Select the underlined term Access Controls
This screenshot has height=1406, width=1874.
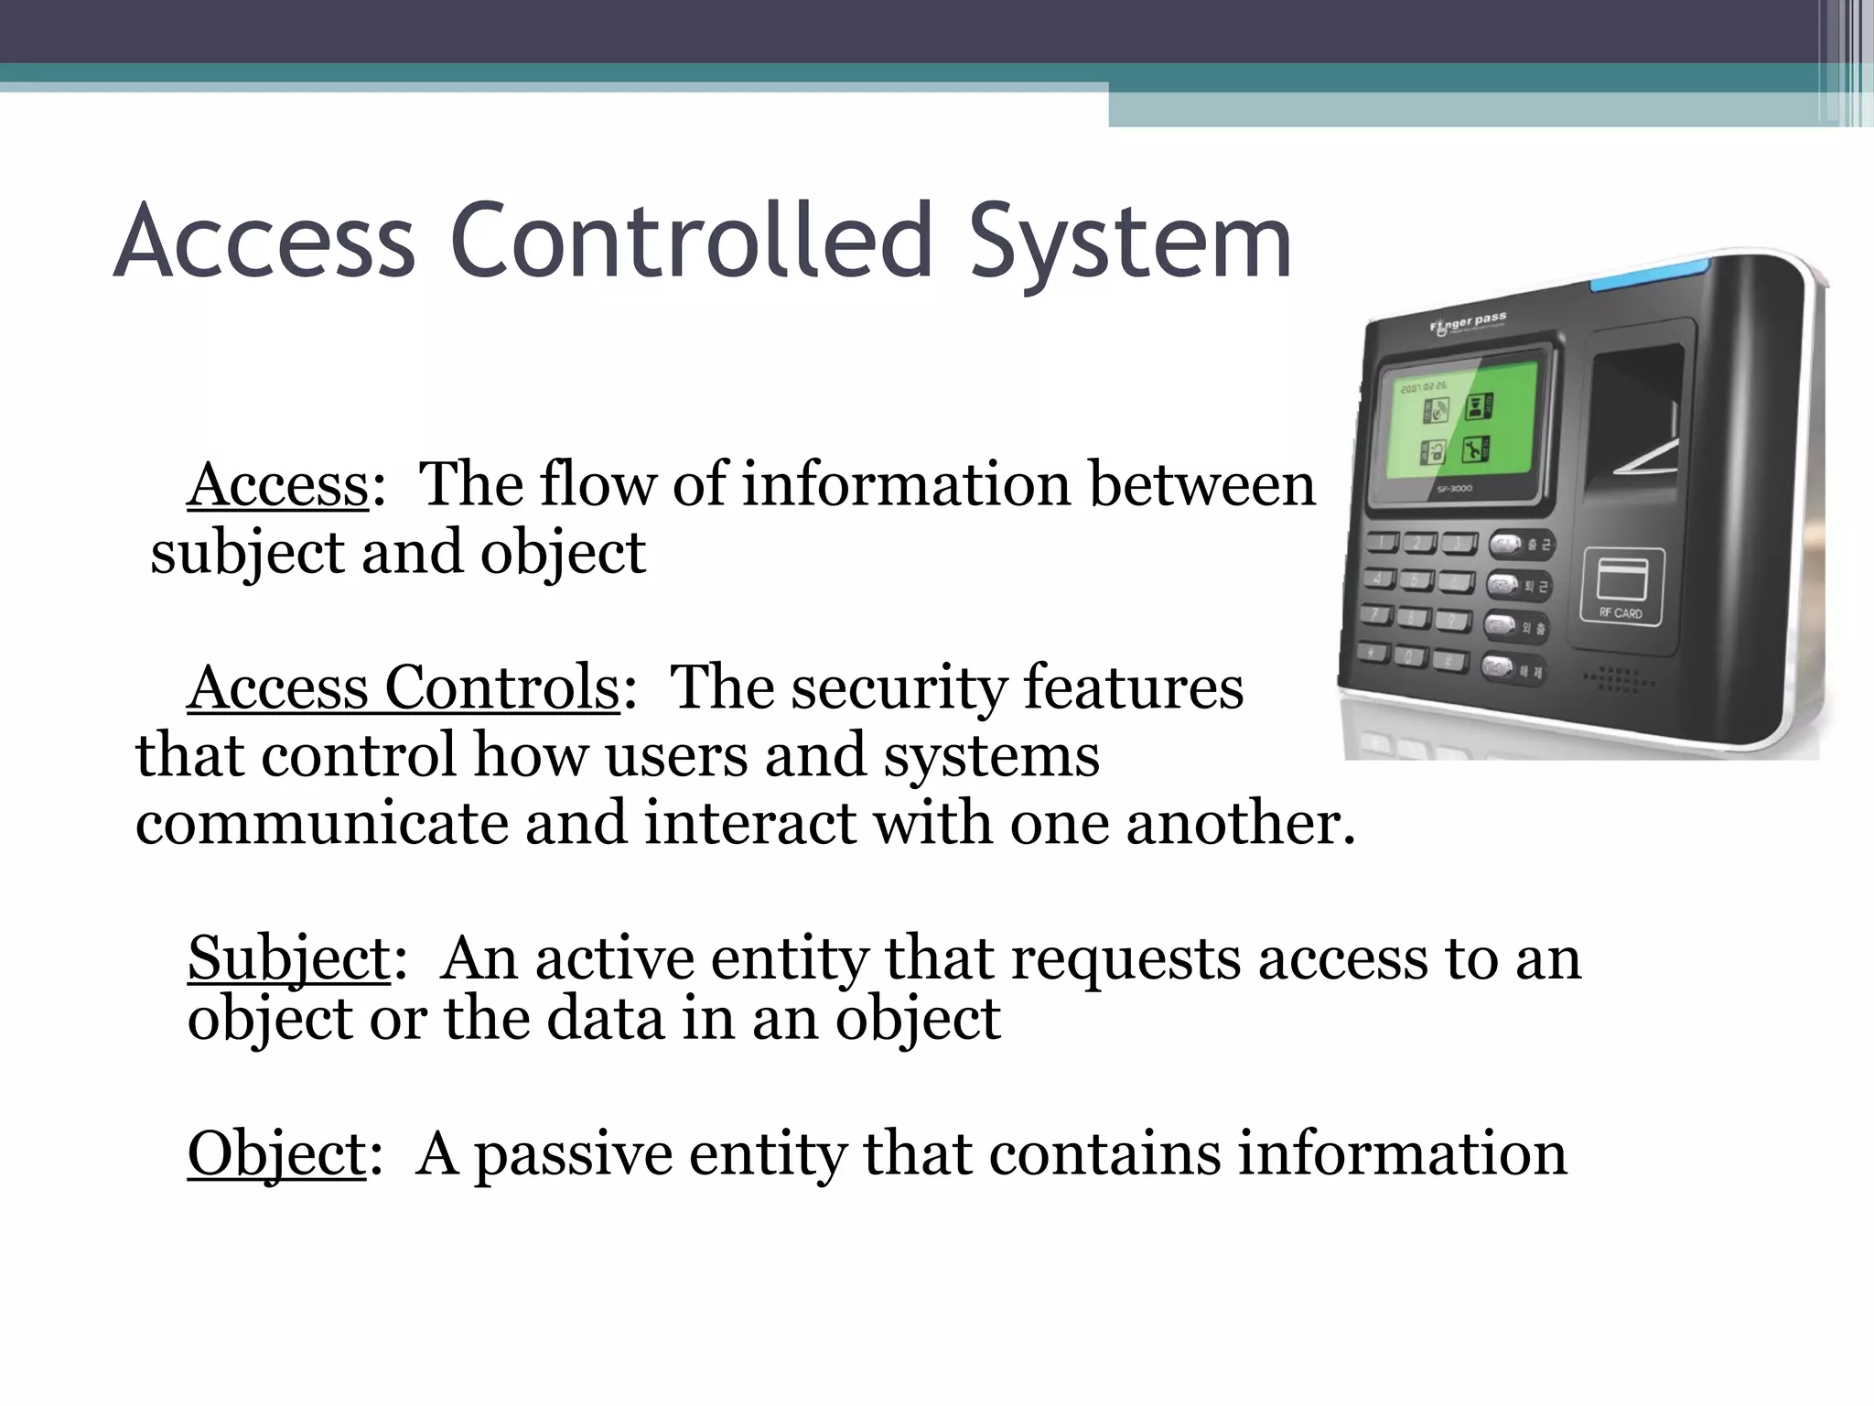coord(404,687)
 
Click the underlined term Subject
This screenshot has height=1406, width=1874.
coord(289,957)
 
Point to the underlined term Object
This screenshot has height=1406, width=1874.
coord(276,1153)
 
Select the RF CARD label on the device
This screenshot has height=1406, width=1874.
coord(1621,613)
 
